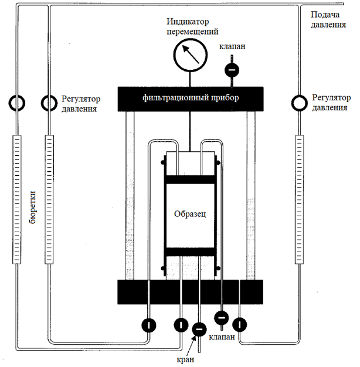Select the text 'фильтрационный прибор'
191,97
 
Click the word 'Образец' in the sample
190,214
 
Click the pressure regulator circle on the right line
300,104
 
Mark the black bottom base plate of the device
191,291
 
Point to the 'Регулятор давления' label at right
331,103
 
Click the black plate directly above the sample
190,178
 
